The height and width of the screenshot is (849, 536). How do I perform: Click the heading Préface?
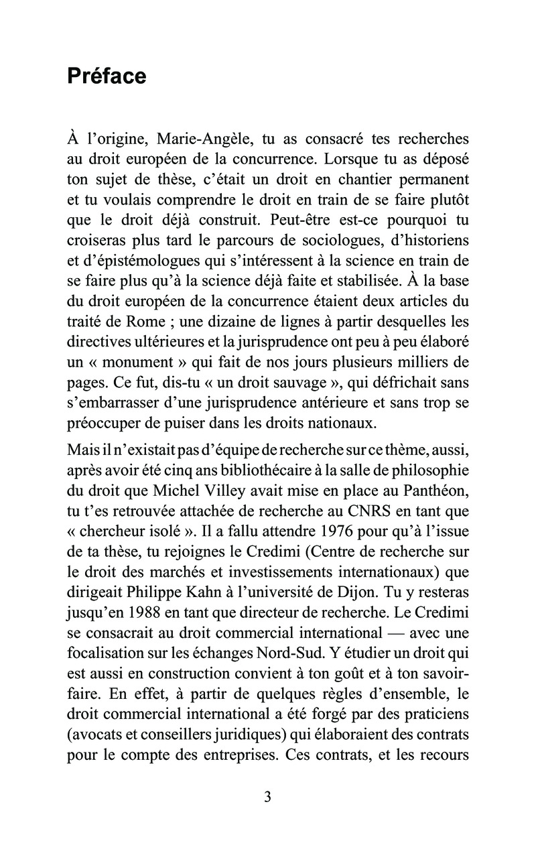pos(107,76)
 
